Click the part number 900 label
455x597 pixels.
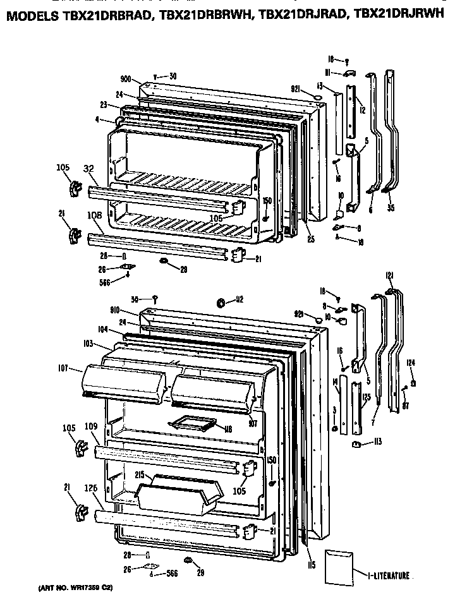126,80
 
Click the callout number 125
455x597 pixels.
366,397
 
